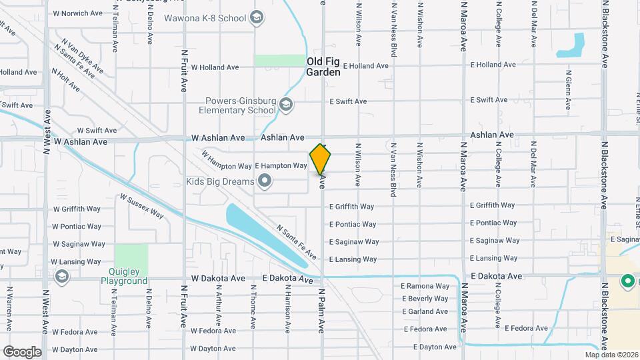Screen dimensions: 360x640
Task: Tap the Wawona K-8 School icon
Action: point(256,18)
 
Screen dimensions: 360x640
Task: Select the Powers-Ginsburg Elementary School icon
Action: point(286,104)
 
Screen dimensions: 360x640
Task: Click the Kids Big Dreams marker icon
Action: point(265,181)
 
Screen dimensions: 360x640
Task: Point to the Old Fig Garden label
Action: point(323,67)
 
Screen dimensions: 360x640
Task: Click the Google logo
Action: point(22,352)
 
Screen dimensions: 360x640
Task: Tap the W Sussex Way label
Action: point(141,206)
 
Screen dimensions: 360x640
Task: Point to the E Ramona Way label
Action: point(425,286)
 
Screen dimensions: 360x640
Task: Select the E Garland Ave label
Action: point(425,311)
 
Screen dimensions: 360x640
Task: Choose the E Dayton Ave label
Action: point(435,347)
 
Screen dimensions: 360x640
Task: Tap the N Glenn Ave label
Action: point(568,84)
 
